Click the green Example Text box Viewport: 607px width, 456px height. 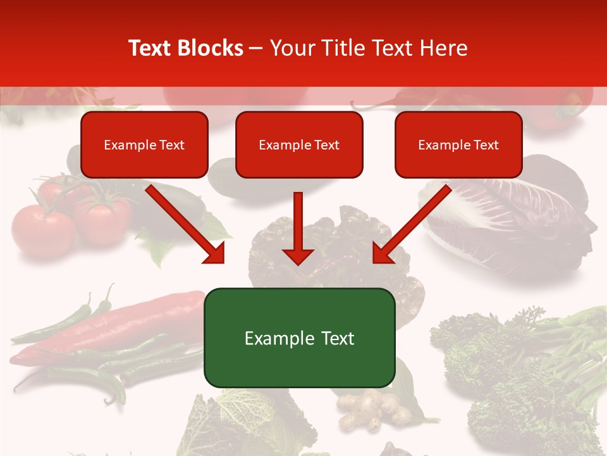299,338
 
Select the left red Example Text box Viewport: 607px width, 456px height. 144,144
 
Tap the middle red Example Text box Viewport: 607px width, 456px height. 299,144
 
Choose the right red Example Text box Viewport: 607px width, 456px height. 458,144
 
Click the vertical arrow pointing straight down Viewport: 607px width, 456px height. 298,228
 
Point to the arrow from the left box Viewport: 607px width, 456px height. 183,222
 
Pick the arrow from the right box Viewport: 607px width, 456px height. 414,222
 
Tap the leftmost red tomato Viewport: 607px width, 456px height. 43,229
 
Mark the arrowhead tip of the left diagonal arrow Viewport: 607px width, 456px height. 223,262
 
